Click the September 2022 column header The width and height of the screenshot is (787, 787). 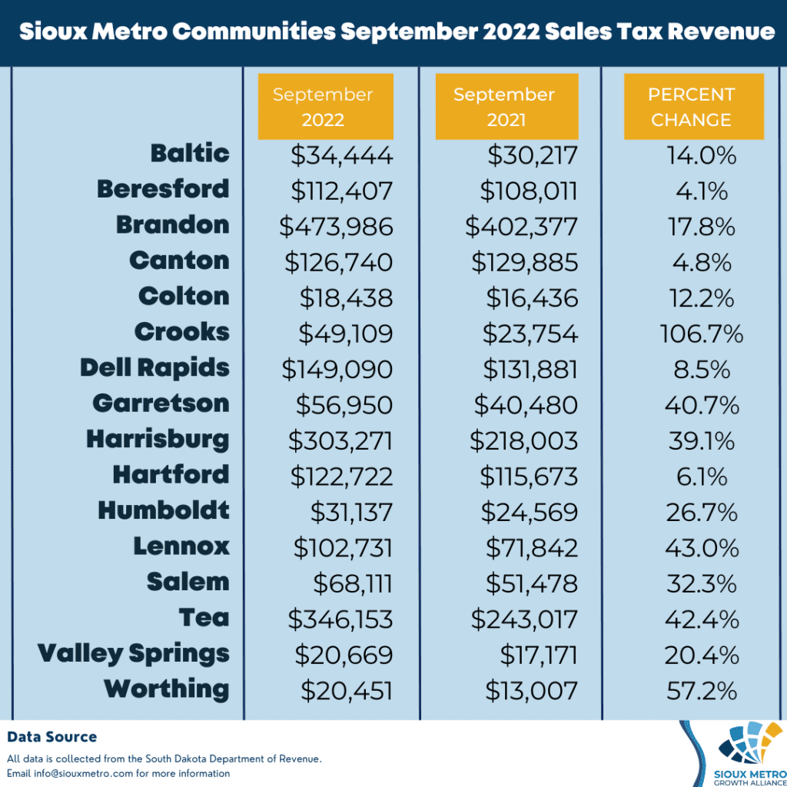(325, 107)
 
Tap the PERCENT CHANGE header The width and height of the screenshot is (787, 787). (692, 107)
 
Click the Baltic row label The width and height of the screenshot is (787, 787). (190, 153)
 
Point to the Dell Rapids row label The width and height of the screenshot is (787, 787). (154, 367)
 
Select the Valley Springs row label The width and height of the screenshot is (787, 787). (134, 654)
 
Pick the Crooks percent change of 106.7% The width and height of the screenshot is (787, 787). (701, 334)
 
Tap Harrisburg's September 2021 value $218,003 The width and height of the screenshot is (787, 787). (524, 441)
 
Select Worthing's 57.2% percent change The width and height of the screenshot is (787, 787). (700, 691)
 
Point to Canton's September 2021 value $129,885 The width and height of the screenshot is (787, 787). (524, 262)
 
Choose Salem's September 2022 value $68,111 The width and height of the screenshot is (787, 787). (353, 583)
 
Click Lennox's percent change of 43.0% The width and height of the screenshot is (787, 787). (700, 548)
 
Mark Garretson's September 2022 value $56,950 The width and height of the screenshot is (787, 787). (344, 405)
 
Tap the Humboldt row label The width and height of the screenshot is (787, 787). (164, 510)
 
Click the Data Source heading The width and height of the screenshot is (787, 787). (52, 737)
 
